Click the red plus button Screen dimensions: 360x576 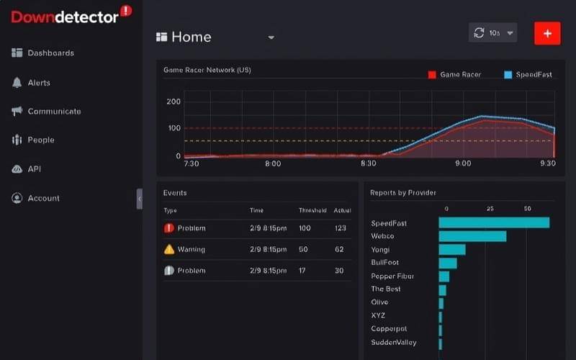[x=547, y=33]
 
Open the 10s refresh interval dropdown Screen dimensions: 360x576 [x=493, y=33]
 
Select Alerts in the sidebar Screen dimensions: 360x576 [x=38, y=83]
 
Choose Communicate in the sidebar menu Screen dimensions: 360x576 [x=53, y=112]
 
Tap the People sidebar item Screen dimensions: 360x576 [x=40, y=140]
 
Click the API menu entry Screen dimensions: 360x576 [x=34, y=169]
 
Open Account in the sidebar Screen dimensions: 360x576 [x=43, y=198]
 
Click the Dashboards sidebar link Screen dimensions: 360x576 [x=50, y=53]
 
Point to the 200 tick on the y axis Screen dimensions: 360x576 [x=173, y=102]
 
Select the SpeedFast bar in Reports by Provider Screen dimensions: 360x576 [x=494, y=222]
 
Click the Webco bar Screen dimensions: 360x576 [x=472, y=236]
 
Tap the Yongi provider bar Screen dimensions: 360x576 [x=452, y=250]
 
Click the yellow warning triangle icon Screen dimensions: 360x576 [x=169, y=250]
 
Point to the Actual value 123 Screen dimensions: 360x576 [x=341, y=228]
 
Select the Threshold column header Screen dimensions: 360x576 [x=312, y=211]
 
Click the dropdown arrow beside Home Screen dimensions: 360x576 [x=271, y=37]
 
